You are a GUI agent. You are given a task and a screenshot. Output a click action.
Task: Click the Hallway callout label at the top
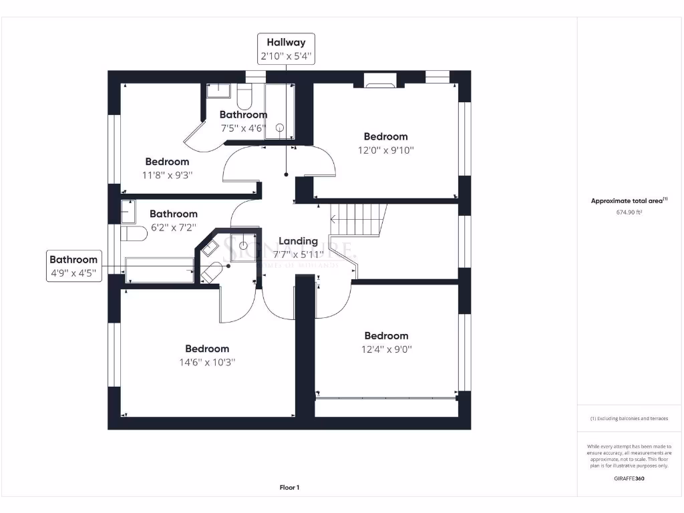point(286,49)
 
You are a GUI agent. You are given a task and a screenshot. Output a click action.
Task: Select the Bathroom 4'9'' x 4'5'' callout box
point(73,266)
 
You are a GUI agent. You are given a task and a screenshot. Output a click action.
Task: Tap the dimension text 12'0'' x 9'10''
point(385,150)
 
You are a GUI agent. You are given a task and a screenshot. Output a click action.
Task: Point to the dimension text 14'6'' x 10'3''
point(207,362)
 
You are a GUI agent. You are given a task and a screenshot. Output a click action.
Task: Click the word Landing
point(298,241)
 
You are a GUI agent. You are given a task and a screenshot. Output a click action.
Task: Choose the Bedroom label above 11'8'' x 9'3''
point(167,162)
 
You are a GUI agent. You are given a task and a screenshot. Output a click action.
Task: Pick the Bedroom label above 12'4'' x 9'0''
point(385,336)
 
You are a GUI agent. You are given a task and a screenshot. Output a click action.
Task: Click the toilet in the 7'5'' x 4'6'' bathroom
point(244,98)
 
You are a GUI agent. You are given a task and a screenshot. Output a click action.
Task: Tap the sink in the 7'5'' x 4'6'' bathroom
point(217,91)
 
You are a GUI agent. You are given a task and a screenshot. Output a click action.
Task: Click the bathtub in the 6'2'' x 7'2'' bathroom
point(159,269)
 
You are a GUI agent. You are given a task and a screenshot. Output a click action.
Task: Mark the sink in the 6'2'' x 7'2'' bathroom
point(128,211)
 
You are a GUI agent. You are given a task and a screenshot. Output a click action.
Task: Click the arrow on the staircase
point(333,217)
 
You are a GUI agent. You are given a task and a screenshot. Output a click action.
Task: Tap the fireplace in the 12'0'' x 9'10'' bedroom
point(381,83)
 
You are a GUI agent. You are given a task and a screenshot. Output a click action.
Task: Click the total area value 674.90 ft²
point(629,212)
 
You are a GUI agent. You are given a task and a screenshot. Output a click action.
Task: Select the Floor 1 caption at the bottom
point(289,488)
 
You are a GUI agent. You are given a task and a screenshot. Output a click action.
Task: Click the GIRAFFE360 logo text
point(629,478)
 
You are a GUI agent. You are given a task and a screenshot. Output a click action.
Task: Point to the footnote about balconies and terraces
point(629,419)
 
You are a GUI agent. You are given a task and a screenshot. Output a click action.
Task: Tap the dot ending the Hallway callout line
point(287,175)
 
